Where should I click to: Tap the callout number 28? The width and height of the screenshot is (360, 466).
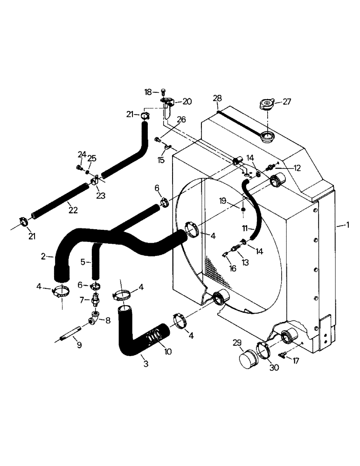217,98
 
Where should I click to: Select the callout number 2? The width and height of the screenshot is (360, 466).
43,256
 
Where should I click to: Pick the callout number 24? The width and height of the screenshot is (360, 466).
82,155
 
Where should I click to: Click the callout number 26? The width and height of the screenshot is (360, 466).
181,120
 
